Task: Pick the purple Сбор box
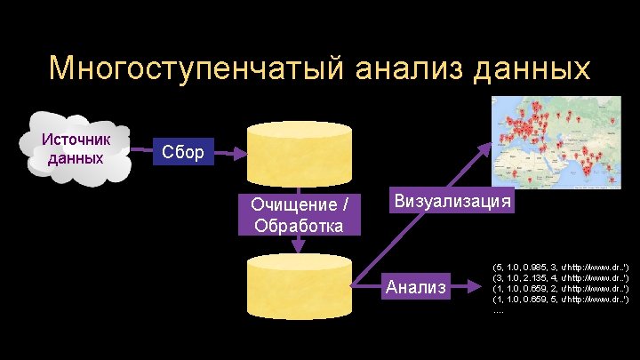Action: point(182,153)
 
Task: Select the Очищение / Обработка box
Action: point(299,214)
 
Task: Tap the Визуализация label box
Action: point(452,200)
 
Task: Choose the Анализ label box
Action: point(417,287)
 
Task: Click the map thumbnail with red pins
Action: point(556,141)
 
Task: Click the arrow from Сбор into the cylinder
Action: point(228,153)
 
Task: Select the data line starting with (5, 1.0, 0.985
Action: point(560,266)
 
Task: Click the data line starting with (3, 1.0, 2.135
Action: point(560,277)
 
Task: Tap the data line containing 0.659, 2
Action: point(560,288)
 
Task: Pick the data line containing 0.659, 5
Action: point(560,299)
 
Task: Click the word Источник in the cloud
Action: point(76,140)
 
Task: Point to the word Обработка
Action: point(299,224)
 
